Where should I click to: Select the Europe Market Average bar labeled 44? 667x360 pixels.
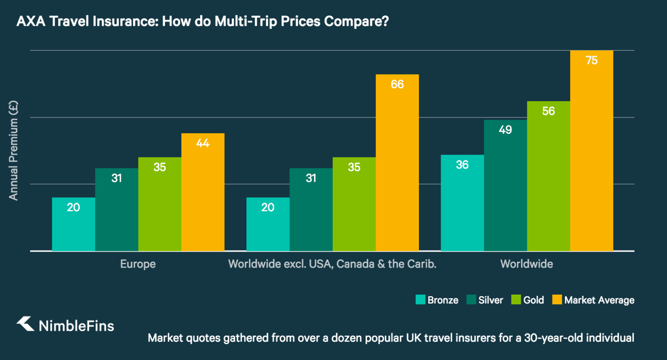click(x=203, y=192)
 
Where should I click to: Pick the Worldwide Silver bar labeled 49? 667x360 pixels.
click(x=505, y=185)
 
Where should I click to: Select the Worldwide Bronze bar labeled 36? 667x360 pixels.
click(x=462, y=203)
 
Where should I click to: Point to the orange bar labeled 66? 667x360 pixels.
click(x=397, y=162)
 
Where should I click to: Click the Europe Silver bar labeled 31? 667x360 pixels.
click(x=116, y=210)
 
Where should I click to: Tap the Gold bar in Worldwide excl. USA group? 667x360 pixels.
click(x=354, y=204)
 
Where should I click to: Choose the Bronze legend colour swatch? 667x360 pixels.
click(x=420, y=300)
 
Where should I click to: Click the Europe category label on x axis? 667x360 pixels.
click(x=138, y=264)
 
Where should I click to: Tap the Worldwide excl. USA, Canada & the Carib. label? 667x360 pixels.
click(x=332, y=264)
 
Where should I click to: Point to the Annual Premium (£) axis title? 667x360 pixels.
click(x=13, y=150)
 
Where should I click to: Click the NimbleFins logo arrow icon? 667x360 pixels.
click(x=25, y=324)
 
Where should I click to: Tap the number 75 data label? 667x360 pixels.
click(x=592, y=60)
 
